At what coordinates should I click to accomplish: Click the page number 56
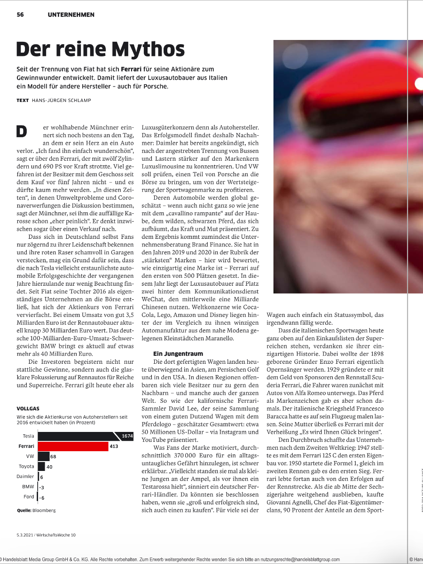[x=20, y=15]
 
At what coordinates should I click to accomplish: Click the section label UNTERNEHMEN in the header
[x=71, y=15]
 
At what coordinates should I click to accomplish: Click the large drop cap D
[x=22, y=131]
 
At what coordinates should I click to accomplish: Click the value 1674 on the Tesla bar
[x=127, y=436]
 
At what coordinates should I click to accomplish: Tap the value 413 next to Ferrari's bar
[x=114, y=446]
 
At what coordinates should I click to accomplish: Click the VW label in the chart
[x=30, y=456]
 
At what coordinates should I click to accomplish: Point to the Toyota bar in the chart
[x=41, y=467]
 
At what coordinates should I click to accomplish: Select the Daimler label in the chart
[x=25, y=477]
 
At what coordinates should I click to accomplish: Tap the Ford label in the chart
[x=29, y=497]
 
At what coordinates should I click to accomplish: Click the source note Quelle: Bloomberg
[x=36, y=510]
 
